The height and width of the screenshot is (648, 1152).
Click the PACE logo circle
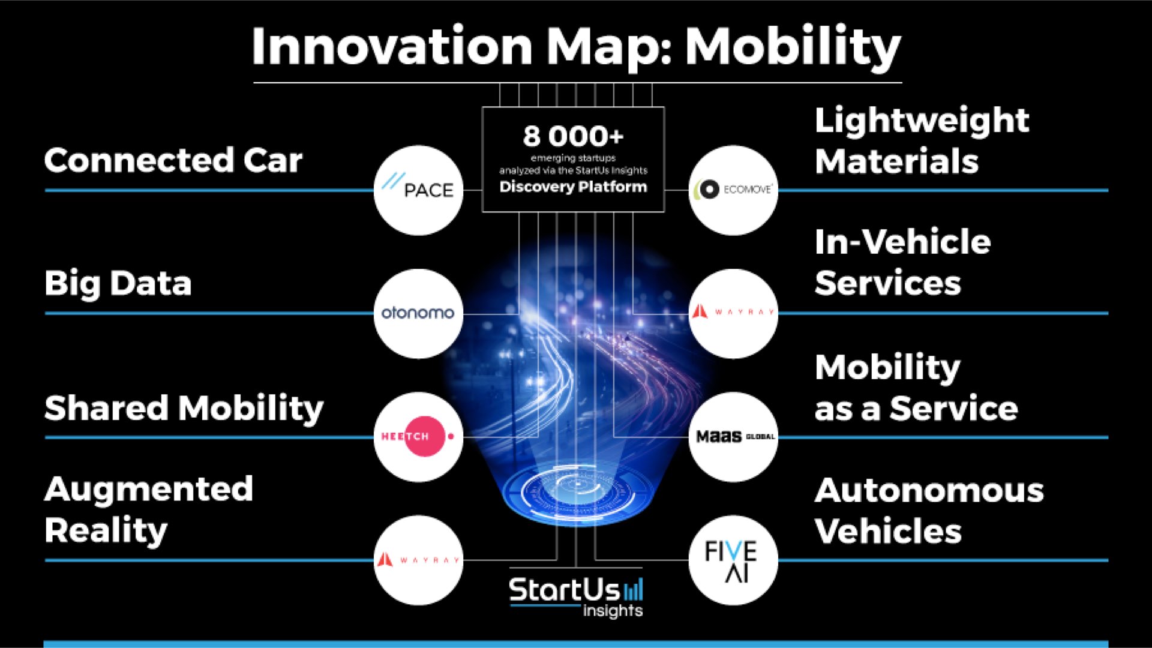click(418, 190)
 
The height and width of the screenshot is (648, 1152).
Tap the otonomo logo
click(418, 313)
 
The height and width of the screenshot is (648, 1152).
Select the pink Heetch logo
click(418, 436)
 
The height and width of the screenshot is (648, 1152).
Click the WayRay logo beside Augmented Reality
click(418, 560)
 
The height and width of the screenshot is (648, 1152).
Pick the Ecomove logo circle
click(733, 190)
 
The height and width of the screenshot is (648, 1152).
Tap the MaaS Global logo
click(733, 436)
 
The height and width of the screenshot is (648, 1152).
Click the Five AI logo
click(733, 560)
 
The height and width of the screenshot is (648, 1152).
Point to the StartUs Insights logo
click(576, 596)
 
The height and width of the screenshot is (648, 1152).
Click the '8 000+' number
click(573, 136)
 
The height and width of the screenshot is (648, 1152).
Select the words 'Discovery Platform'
click(573, 187)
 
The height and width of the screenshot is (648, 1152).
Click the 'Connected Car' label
click(173, 160)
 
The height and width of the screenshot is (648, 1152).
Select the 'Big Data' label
click(118, 283)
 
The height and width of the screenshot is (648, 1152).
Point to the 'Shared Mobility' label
click(184, 408)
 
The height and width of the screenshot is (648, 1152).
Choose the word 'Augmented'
click(149, 490)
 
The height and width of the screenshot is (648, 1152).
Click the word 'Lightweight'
click(922, 121)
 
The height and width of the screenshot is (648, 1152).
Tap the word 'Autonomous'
click(929, 491)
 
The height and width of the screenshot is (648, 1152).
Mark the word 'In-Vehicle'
click(902, 242)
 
